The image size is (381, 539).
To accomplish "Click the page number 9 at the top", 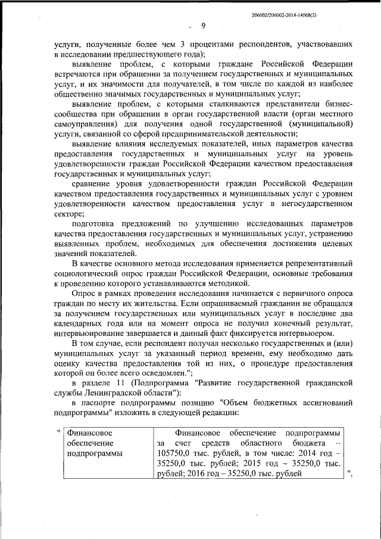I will click(202, 26).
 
